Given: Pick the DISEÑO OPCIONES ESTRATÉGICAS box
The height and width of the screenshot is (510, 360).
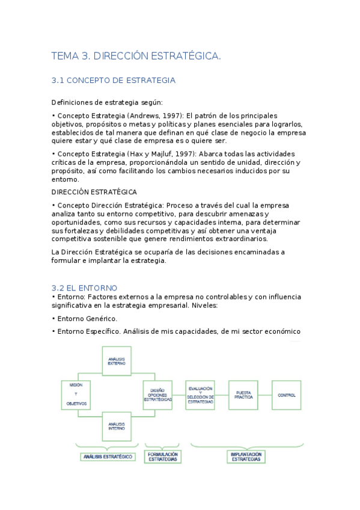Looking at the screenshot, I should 158,395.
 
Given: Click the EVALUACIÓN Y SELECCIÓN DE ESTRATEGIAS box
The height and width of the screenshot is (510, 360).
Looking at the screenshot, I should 200,395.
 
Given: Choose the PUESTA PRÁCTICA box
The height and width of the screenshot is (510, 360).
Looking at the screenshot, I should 244,395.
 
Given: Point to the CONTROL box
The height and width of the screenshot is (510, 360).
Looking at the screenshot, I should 287,395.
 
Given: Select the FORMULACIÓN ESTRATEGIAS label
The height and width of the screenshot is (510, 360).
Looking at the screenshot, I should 163,456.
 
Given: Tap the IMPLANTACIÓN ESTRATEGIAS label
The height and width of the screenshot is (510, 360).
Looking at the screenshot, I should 245,456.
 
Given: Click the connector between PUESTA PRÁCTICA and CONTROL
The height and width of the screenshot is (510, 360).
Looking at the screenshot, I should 266,395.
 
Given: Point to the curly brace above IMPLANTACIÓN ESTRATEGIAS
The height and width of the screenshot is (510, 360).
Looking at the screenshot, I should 245,445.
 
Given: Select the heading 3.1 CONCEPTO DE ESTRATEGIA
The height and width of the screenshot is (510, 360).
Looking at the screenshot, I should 114,80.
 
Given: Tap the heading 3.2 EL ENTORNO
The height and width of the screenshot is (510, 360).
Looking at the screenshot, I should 85,288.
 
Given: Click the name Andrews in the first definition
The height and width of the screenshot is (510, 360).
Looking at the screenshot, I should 142,115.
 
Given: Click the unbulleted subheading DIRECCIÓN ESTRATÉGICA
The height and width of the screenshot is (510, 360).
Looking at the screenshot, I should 94,192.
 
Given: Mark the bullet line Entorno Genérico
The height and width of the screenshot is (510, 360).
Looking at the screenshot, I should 85,318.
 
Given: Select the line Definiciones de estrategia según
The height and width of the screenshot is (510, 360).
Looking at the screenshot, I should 107,102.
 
